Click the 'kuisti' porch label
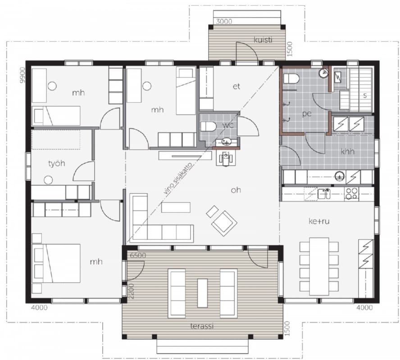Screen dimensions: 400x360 (263, 40)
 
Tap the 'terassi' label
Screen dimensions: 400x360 (202, 326)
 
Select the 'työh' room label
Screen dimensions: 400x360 (57, 163)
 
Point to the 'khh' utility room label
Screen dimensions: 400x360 (347, 152)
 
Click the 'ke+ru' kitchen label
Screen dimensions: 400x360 (319, 221)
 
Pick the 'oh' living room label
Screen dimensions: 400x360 (236, 190)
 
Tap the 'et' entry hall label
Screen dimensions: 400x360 (236, 86)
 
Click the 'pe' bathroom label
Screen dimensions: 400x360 (307, 114)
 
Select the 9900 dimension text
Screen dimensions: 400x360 (23, 75)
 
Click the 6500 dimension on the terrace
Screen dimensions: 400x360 (138, 255)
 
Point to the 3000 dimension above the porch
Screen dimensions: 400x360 (224, 22)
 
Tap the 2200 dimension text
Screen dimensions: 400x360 (131, 291)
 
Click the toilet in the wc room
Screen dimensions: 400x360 (208, 126)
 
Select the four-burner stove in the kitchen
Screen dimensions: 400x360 (351, 193)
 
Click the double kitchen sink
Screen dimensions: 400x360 (324, 193)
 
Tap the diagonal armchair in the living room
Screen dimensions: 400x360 (224, 223)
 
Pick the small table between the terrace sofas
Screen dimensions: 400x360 (203, 293)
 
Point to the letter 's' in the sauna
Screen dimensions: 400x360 (365, 95)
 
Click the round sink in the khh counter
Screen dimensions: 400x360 (340, 175)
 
